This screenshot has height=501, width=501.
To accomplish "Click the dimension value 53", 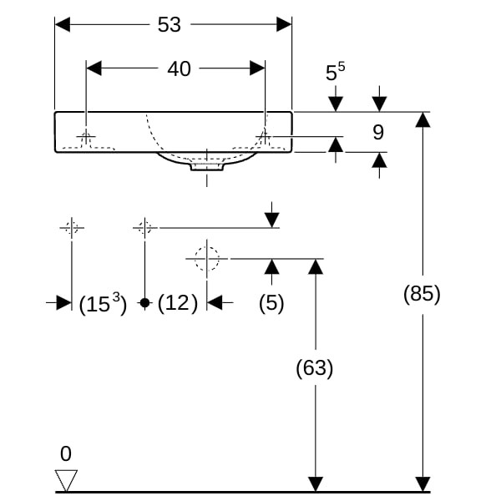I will (169, 25).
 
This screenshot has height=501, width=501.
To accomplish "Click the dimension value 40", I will (179, 69).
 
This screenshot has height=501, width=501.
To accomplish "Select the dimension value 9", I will (378, 132).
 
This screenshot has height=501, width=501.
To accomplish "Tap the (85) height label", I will (422, 294).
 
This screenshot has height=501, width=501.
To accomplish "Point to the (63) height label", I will (315, 368).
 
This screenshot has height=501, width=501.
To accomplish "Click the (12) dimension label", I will (177, 303).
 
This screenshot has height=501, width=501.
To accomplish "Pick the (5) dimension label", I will (271, 303).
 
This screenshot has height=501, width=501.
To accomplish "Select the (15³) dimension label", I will (103, 304).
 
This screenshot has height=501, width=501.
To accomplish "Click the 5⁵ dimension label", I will (335, 73).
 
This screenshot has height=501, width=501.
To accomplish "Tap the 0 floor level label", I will (66, 454).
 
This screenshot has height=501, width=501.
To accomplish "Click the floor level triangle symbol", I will (66, 480).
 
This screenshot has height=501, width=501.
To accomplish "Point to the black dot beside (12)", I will (144, 303).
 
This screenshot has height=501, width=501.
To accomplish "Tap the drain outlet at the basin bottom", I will (206, 166).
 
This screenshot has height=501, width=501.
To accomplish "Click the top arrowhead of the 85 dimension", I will (423, 119).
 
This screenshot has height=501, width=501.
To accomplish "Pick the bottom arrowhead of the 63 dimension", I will (315, 484).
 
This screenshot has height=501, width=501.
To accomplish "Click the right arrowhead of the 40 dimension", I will (258, 69).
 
